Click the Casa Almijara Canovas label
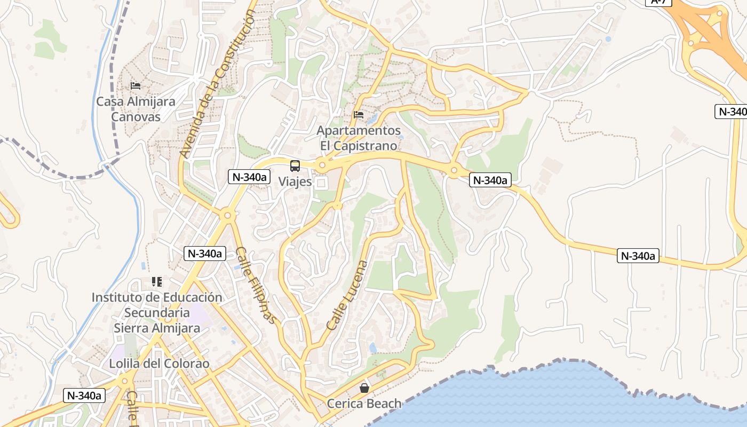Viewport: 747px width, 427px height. pos(136,109)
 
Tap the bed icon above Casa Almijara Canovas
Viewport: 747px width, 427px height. pos(136,85)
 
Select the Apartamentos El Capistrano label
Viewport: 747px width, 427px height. pos(359,138)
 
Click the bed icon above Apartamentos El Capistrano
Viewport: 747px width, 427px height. pos(359,114)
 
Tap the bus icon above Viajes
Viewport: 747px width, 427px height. pos(295,165)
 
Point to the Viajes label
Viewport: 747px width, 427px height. pos(295,181)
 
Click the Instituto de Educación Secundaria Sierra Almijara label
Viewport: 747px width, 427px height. pos(157,312)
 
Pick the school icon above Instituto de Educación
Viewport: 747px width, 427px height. pos(157,281)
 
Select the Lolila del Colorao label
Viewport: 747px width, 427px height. pos(159,363)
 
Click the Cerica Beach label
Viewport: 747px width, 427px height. pos(364,404)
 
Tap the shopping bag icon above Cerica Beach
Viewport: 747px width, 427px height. pos(364,388)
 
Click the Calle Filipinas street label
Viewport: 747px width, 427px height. pos(256,285)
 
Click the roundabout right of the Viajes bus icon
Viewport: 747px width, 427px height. pos(321,165)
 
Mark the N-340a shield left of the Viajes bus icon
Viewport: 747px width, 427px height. pos(249,177)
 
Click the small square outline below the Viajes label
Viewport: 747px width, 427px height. pos(321,183)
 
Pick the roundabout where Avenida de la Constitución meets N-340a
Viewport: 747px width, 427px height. pos(228,216)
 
